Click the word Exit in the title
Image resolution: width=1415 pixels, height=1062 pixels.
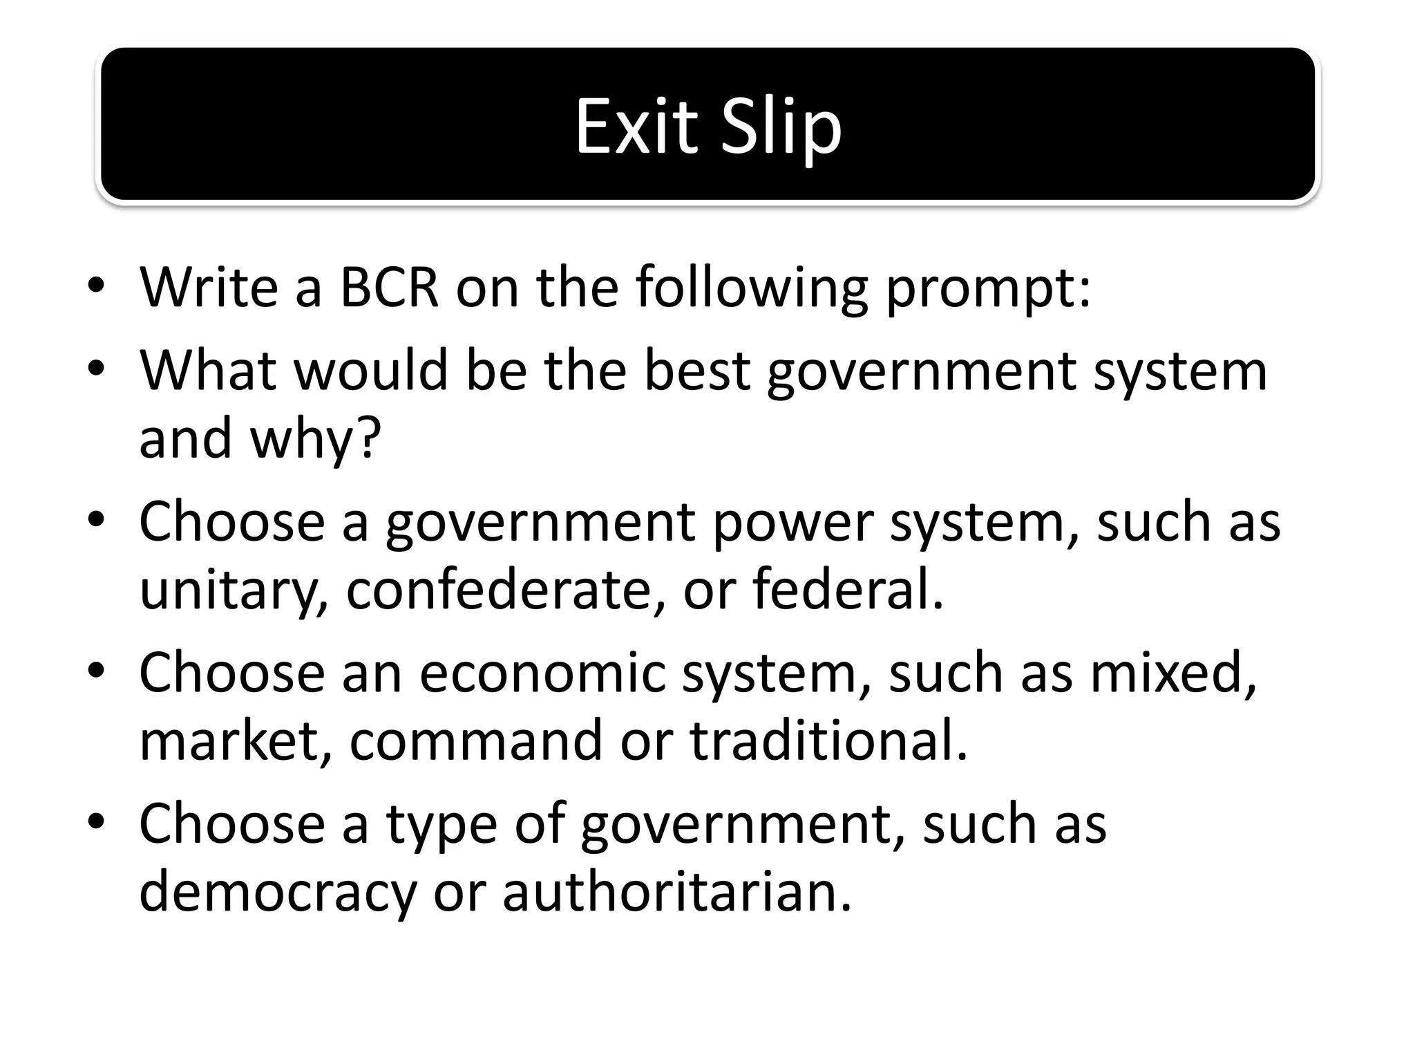[636, 127]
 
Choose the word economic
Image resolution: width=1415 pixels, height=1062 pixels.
[542, 672]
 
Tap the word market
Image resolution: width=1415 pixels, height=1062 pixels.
[236, 740]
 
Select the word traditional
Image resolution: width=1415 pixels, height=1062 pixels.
[829, 740]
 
